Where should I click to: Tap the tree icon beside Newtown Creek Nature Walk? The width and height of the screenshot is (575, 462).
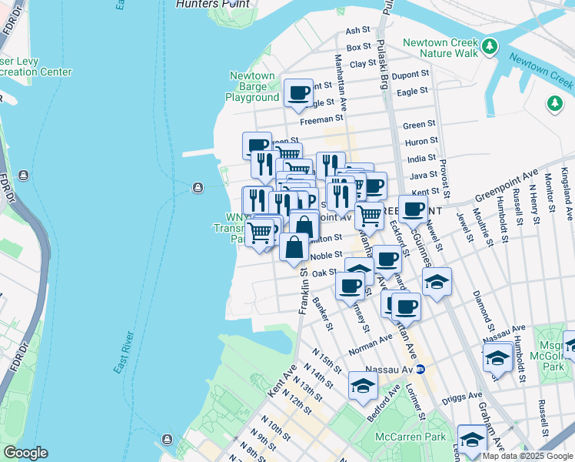tap(489, 49)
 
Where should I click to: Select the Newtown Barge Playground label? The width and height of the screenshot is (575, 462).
tap(252, 87)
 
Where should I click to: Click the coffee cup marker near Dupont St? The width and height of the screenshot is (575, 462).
tap(298, 93)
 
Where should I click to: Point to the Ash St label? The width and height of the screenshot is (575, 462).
tap(358, 31)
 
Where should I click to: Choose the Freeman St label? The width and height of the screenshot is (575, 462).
tap(321, 119)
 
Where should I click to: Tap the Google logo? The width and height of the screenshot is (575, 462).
tap(25, 453)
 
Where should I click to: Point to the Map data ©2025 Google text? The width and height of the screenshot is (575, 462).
tap(527, 456)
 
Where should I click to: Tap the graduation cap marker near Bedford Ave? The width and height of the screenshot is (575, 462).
tap(363, 386)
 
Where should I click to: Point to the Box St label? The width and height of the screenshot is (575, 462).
tap(358, 47)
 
